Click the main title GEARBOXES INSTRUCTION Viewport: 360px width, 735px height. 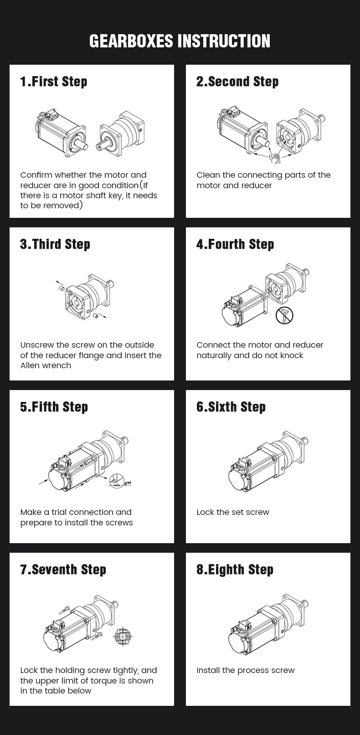coord(180,41)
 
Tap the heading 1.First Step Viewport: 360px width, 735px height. coord(54,82)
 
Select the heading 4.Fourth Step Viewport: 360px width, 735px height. coord(235,244)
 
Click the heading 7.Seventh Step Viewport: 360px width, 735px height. coord(63,570)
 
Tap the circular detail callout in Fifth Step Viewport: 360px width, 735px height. coord(118,481)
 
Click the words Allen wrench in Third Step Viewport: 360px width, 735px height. coord(46,365)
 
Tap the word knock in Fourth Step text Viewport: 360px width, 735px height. coord(292,355)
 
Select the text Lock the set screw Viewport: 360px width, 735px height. coord(233,512)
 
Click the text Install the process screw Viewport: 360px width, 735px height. coord(246,670)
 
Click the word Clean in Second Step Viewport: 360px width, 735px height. coord(207,175)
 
